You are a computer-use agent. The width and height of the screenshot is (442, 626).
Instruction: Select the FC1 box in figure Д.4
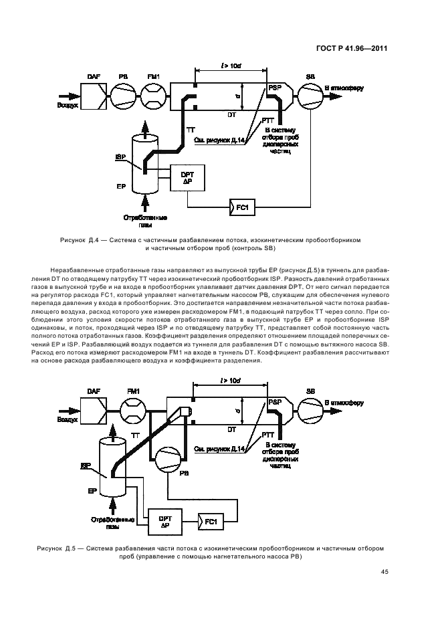[x=241, y=207]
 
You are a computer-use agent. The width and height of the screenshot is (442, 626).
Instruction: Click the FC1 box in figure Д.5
[x=209, y=519]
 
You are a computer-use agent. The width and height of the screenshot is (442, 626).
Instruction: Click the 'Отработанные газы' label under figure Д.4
[x=144, y=221]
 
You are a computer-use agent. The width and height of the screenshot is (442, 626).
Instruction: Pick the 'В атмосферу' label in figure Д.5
[x=344, y=403]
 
